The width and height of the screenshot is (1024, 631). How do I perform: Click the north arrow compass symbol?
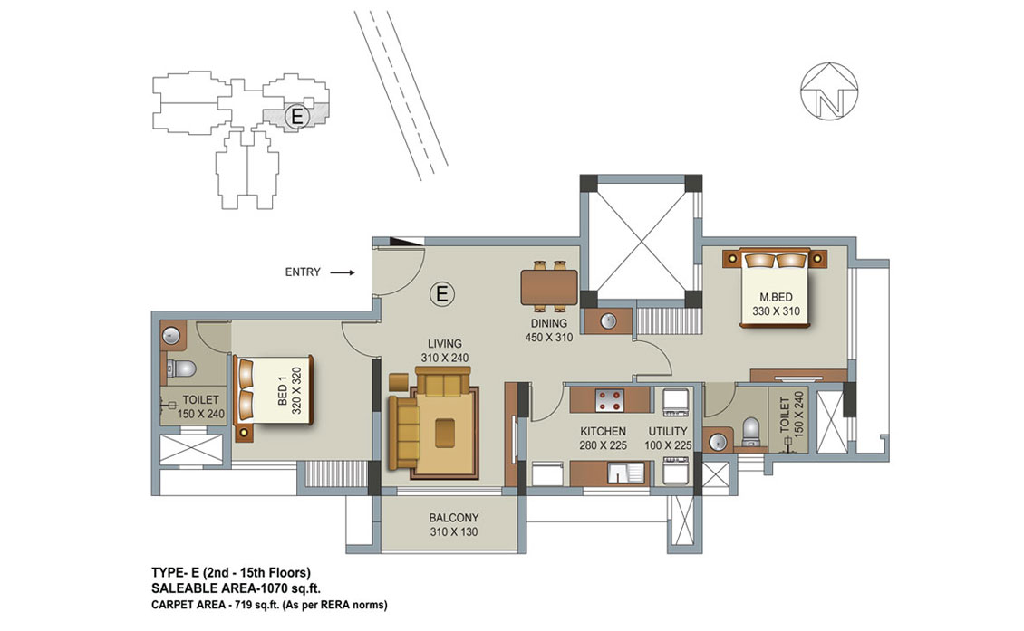click(x=829, y=91)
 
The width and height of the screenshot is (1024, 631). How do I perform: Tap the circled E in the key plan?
click(x=297, y=117)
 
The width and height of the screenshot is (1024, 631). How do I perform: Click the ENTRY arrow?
click(x=342, y=272)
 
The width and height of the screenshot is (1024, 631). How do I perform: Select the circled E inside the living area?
click(x=442, y=293)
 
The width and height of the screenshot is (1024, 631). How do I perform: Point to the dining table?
click(x=549, y=287)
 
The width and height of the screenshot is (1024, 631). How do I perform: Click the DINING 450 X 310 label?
click(x=548, y=330)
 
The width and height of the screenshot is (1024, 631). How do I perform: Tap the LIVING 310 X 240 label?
click(x=445, y=350)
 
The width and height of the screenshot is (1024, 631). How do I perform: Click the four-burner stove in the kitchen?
click(x=609, y=399)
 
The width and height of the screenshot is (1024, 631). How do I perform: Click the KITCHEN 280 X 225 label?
click(x=603, y=438)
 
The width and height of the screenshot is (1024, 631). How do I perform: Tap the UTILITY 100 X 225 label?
click(x=668, y=438)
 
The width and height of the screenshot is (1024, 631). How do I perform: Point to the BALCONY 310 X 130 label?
click(x=454, y=525)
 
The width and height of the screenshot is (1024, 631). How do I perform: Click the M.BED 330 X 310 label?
click(x=776, y=304)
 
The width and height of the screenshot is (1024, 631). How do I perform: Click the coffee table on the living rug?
click(x=447, y=431)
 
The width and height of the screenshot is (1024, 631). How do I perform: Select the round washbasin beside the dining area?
click(x=608, y=321)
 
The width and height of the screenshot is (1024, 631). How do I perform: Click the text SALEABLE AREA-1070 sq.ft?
click(x=236, y=588)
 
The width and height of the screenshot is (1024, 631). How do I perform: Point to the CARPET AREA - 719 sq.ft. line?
click(x=269, y=605)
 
